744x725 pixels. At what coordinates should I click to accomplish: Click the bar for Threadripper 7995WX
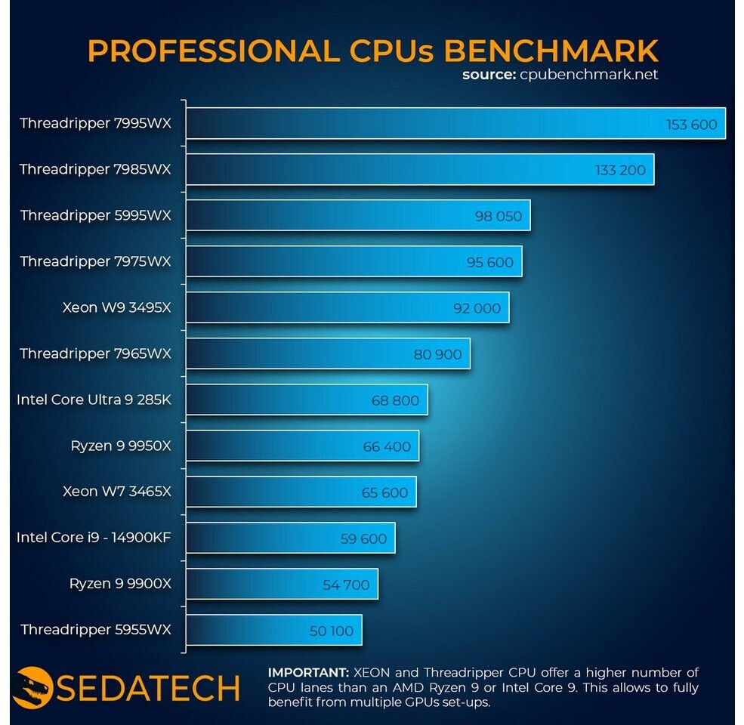click(x=453, y=124)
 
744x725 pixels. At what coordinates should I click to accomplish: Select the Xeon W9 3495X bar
click(x=347, y=308)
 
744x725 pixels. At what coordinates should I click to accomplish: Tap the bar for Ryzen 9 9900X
click(x=281, y=585)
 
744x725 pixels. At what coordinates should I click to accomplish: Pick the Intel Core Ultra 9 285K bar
click(x=306, y=400)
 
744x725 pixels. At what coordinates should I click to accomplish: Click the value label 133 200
click(x=620, y=171)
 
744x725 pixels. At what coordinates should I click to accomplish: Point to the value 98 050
click(x=499, y=217)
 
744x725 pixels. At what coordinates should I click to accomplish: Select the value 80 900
click(x=437, y=355)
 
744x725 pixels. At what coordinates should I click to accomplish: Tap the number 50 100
click(x=332, y=631)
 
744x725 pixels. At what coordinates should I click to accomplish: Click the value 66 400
click(x=387, y=447)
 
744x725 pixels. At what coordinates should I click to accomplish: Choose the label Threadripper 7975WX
click(x=96, y=262)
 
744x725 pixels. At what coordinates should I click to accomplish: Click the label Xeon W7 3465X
click(x=117, y=492)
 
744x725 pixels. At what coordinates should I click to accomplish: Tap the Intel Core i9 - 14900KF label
click(x=94, y=538)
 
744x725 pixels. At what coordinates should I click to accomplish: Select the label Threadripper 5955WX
click(x=96, y=630)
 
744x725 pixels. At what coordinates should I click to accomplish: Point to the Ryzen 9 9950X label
click(x=121, y=446)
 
